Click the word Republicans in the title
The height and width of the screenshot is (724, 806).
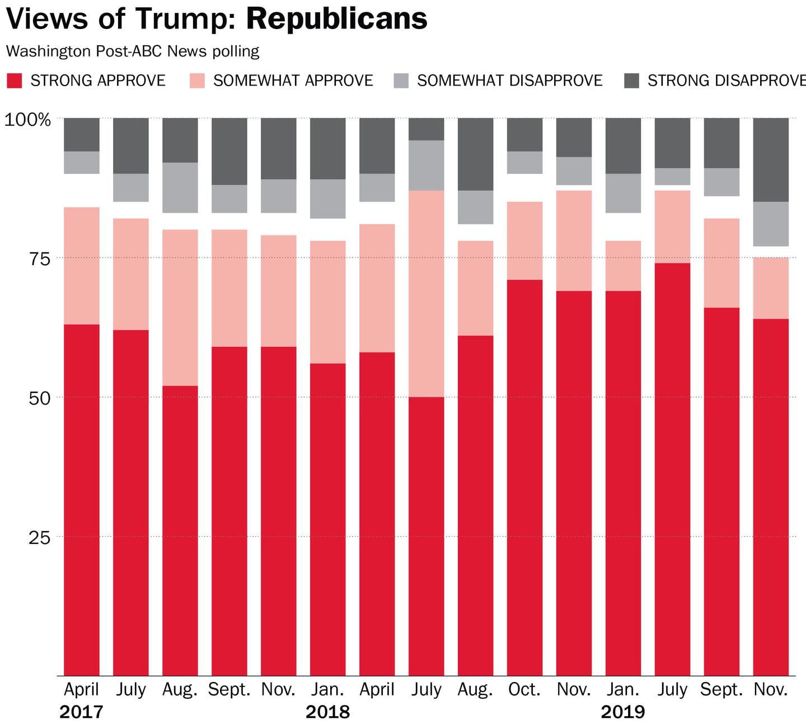pyautogui.click(x=336, y=18)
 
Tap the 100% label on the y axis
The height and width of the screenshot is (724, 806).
pyautogui.click(x=27, y=119)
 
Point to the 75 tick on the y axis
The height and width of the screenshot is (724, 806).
pyautogui.click(x=39, y=258)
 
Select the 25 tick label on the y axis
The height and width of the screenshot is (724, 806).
pyautogui.click(x=39, y=538)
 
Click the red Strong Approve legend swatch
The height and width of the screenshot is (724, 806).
pyautogui.click(x=15, y=81)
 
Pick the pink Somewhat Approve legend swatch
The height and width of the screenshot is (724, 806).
pyautogui.click(x=197, y=81)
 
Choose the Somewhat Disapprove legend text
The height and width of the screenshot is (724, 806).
pyautogui.click(x=509, y=81)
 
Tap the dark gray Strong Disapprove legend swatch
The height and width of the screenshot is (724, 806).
pyautogui.click(x=631, y=81)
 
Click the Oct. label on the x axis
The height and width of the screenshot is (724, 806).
pyautogui.click(x=524, y=689)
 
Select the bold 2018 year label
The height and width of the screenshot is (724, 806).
pyautogui.click(x=327, y=712)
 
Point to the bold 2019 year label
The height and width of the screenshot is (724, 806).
pyautogui.click(x=623, y=712)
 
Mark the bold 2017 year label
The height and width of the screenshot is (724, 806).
pyautogui.click(x=82, y=712)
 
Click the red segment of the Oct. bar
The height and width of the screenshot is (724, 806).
pyautogui.click(x=524, y=476)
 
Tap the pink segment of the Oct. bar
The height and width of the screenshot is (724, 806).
pyautogui.click(x=524, y=241)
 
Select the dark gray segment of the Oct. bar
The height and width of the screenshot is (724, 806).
pyautogui.click(x=524, y=134)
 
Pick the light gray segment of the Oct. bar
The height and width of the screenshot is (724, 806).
pyautogui.click(x=524, y=162)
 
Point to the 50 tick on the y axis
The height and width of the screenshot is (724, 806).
pyautogui.click(x=39, y=398)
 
